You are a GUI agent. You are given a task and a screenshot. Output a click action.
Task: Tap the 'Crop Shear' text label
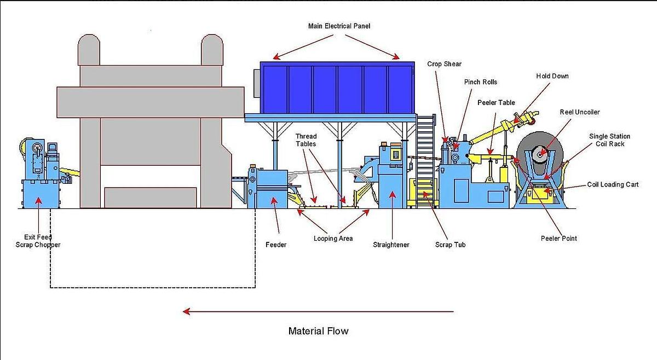coord(444,64)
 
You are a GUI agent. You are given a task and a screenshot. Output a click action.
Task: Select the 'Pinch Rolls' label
coord(480,82)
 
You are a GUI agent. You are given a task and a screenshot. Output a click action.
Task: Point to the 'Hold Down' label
coord(552,76)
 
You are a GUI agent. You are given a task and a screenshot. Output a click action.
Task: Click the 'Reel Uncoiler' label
coord(579,112)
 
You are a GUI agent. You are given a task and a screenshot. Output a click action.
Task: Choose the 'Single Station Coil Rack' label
coord(609,140)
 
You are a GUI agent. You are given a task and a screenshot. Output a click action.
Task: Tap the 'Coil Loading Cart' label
coord(613,185)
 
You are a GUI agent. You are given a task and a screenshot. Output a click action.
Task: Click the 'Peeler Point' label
coord(558,239)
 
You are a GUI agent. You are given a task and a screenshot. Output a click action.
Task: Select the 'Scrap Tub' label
coord(451,245)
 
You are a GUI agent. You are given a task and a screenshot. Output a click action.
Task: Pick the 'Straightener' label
coord(391,245)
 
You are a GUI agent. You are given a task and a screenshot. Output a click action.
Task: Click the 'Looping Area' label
coord(333,239)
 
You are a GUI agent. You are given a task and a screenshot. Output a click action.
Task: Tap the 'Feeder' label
coord(276,245)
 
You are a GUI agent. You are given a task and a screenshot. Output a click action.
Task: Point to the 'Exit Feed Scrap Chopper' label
coord(38,241)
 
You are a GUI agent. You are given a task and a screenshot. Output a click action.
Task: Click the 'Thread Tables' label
coord(306,140)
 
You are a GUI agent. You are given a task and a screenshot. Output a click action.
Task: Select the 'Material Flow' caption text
coord(318,331)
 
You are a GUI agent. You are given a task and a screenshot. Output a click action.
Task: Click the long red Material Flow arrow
coord(318,312)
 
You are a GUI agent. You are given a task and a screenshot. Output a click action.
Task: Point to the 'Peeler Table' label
coord(496,102)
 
